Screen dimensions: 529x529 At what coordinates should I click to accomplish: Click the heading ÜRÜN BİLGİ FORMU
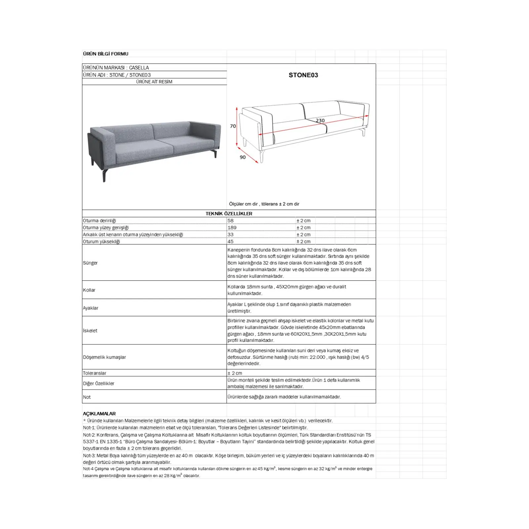coord(105,54)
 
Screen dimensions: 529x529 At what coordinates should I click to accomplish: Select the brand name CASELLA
coord(139,67)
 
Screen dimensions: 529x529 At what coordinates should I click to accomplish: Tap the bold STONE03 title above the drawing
coord(303,75)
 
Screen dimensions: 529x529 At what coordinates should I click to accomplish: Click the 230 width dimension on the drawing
coord(320,121)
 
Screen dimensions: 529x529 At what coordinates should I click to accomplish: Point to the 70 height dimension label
coord(233,126)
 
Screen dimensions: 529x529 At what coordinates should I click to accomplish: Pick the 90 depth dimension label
coord(243,157)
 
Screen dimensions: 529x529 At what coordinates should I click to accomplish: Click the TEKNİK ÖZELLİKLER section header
coord(229,214)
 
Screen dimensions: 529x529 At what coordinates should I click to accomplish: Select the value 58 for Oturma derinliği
coord(230,221)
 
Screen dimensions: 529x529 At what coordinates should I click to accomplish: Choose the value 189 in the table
coord(232,227)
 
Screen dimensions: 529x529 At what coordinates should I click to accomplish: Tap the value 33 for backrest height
coord(230,234)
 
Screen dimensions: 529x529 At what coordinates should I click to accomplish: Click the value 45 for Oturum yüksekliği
coord(230,241)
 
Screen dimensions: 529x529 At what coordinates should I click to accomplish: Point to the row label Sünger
coord(90,263)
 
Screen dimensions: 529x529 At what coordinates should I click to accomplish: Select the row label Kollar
coord(89,290)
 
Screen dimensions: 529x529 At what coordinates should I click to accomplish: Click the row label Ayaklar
coord(91,308)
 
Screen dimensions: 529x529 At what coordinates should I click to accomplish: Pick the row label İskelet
coord(90,331)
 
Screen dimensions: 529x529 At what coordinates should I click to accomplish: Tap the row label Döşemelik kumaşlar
coord(104,357)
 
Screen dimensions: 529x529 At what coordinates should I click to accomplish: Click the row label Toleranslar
coord(95,373)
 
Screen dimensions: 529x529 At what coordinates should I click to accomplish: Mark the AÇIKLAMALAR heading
coord(99,414)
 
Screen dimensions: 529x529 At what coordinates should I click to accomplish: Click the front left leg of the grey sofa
coord(104,176)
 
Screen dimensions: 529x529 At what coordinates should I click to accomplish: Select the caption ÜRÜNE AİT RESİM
coord(154,82)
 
